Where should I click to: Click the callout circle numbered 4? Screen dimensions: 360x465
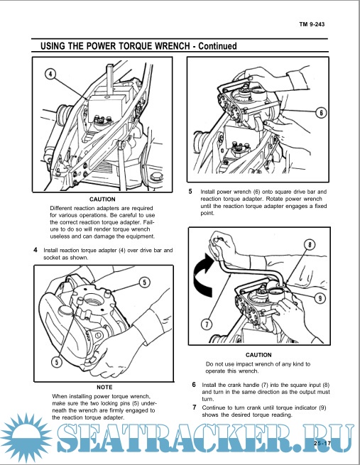(x=50, y=74)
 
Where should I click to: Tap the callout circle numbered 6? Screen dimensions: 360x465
(x=321, y=113)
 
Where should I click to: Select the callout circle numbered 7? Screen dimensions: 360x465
(x=207, y=324)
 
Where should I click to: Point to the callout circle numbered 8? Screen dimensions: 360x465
(x=310, y=245)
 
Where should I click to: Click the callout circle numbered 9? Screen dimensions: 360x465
(x=320, y=298)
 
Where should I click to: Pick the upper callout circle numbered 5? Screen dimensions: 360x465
(x=144, y=283)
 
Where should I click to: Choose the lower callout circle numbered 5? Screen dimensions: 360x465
(x=57, y=362)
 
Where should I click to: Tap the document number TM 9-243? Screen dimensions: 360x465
(x=312, y=24)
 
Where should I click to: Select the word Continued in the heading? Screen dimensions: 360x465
(x=217, y=46)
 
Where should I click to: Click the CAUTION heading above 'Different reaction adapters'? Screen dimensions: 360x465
(x=102, y=199)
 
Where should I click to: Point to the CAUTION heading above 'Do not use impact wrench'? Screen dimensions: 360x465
(x=258, y=355)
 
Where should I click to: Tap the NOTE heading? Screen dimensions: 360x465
(x=104, y=388)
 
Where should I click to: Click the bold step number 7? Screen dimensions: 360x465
(x=195, y=407)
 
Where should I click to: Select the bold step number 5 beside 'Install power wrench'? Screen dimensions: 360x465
(x=190, y=192)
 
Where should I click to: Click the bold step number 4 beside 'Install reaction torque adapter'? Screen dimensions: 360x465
(x=36, y=250)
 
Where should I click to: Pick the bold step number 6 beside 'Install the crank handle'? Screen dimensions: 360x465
(x=194, y=385)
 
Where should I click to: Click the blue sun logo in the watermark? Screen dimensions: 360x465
(x=26, y=437)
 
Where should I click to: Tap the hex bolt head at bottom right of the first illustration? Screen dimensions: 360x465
(x=156, y=177)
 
